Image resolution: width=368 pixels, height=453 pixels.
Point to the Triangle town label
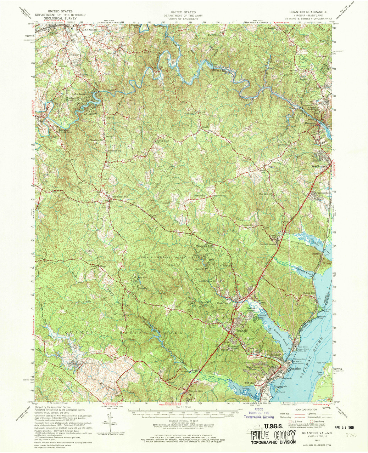242,331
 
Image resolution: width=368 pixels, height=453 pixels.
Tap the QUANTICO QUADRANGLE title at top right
308,12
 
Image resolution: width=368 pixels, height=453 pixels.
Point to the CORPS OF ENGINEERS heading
184,19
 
